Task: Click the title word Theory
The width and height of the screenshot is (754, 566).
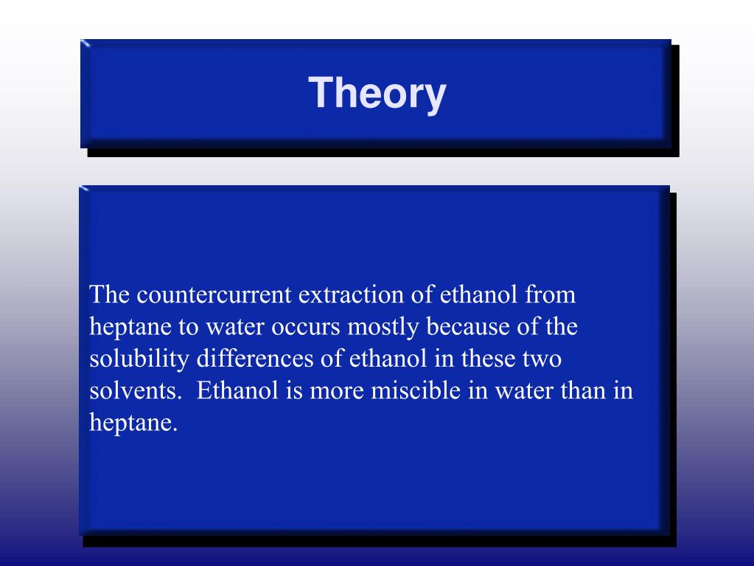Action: point(377,94)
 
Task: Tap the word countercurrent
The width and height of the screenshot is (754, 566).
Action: point(214,295)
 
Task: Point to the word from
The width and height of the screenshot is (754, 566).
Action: point(550,295)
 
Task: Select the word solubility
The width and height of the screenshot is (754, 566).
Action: point(139,359)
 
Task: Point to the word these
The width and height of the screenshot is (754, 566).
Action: point(489,359)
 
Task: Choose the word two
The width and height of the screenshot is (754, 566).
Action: point(543,359)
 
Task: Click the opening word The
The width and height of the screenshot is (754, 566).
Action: point(110,295)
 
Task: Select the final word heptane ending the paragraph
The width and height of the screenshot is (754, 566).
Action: point(133,424)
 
